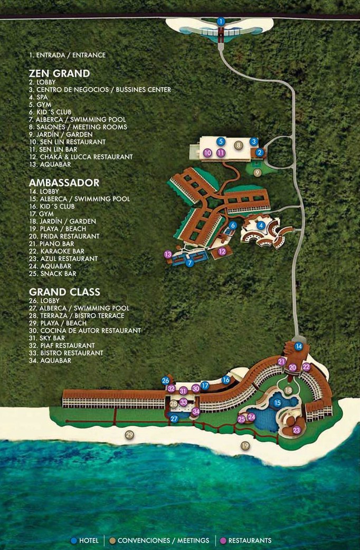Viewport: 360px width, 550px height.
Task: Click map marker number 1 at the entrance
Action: [221, 21]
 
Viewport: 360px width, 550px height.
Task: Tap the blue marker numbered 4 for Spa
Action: [261, 225]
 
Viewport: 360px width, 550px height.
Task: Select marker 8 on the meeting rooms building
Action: [239, 145]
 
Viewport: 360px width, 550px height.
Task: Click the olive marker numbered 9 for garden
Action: [257, 172]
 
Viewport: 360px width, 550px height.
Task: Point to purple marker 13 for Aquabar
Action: [168, 254]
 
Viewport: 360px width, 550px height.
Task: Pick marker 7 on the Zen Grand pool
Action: [190, 262]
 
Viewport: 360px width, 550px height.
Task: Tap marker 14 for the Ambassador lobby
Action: [299, 346]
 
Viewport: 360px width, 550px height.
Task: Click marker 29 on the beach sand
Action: [129, 434]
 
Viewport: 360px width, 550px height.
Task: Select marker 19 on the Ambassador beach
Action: [245, 446]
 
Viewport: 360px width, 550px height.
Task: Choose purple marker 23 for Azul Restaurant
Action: [296, 430]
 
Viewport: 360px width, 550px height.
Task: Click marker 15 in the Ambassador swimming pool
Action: [278, 403]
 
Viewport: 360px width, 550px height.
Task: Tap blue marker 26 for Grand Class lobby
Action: [166, 381]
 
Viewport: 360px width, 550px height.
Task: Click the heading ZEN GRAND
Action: [60, 73]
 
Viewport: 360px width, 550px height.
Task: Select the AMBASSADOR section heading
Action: [64, 183]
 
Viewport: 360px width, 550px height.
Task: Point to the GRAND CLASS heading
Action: [64, 292]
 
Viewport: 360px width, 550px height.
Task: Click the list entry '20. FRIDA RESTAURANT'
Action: [64, 236]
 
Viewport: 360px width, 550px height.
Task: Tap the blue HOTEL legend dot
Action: [74, 540]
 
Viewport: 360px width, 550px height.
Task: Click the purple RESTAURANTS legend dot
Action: [223, 540]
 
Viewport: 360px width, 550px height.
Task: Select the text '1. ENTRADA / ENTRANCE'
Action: [68, 55]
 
